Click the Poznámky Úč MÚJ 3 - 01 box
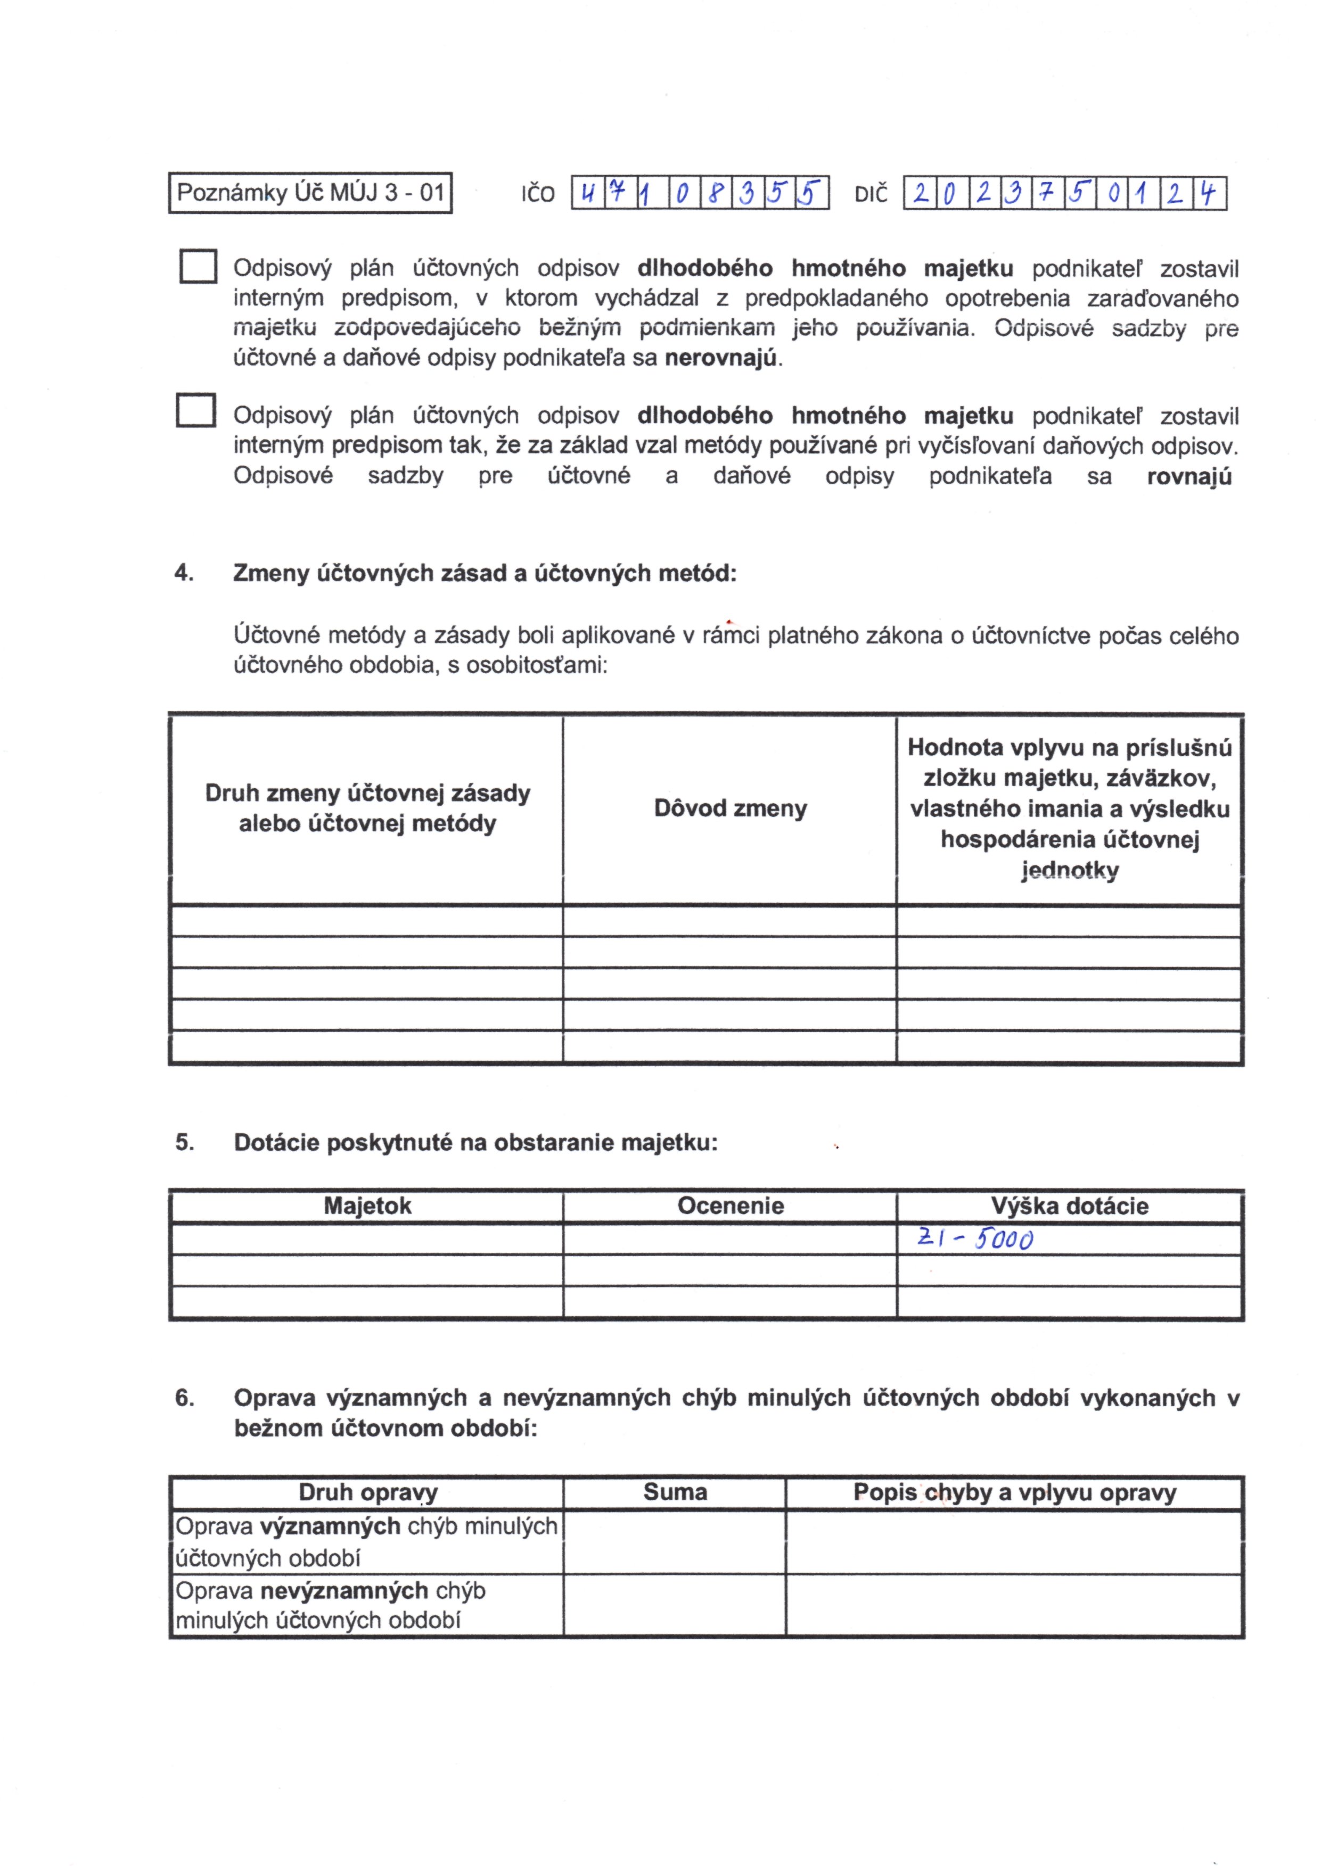click(310, 193)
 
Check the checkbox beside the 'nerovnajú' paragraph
click(198, 266)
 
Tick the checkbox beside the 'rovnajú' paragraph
click(196, 410)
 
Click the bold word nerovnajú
click(721, 359)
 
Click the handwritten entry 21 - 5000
click(974, 1239)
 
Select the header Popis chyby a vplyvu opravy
click(1014, 1493)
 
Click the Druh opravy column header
click(368, 1493)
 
